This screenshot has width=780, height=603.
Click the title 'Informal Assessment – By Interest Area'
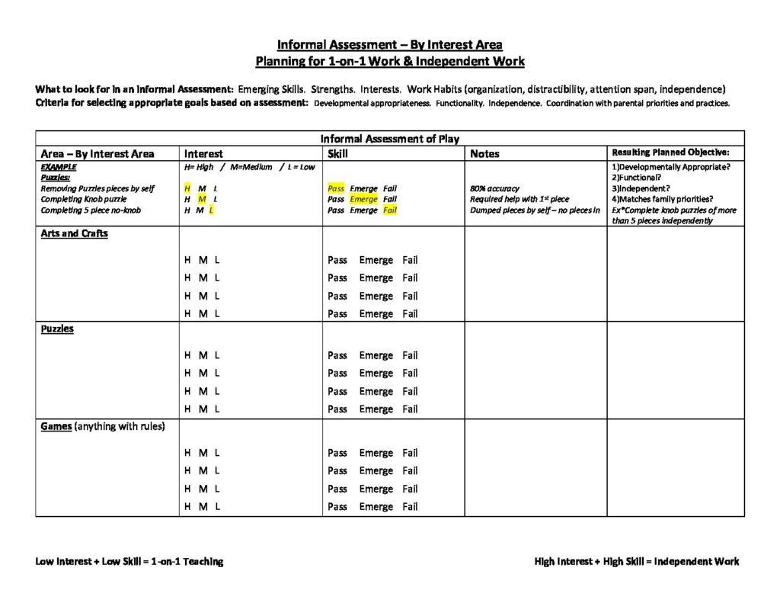389,44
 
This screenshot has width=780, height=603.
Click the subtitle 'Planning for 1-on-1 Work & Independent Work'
389,61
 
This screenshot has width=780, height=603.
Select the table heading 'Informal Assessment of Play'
389,139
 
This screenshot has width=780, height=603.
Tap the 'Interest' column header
203,154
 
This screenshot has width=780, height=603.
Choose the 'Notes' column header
484,154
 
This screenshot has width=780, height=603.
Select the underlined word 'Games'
56,427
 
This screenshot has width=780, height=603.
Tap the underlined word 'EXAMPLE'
59,167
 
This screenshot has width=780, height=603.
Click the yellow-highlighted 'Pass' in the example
336,188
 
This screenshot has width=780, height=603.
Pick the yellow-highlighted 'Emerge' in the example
363,199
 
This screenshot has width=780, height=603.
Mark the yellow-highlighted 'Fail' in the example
390,210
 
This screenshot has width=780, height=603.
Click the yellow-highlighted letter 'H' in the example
187,188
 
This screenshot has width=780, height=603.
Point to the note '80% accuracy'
495,188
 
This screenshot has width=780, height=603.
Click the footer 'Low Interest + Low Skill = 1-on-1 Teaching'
129,562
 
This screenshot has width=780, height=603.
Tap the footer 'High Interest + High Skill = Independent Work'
636,562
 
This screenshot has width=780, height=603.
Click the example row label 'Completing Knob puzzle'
84,199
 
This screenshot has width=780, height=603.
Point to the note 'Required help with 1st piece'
519,199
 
